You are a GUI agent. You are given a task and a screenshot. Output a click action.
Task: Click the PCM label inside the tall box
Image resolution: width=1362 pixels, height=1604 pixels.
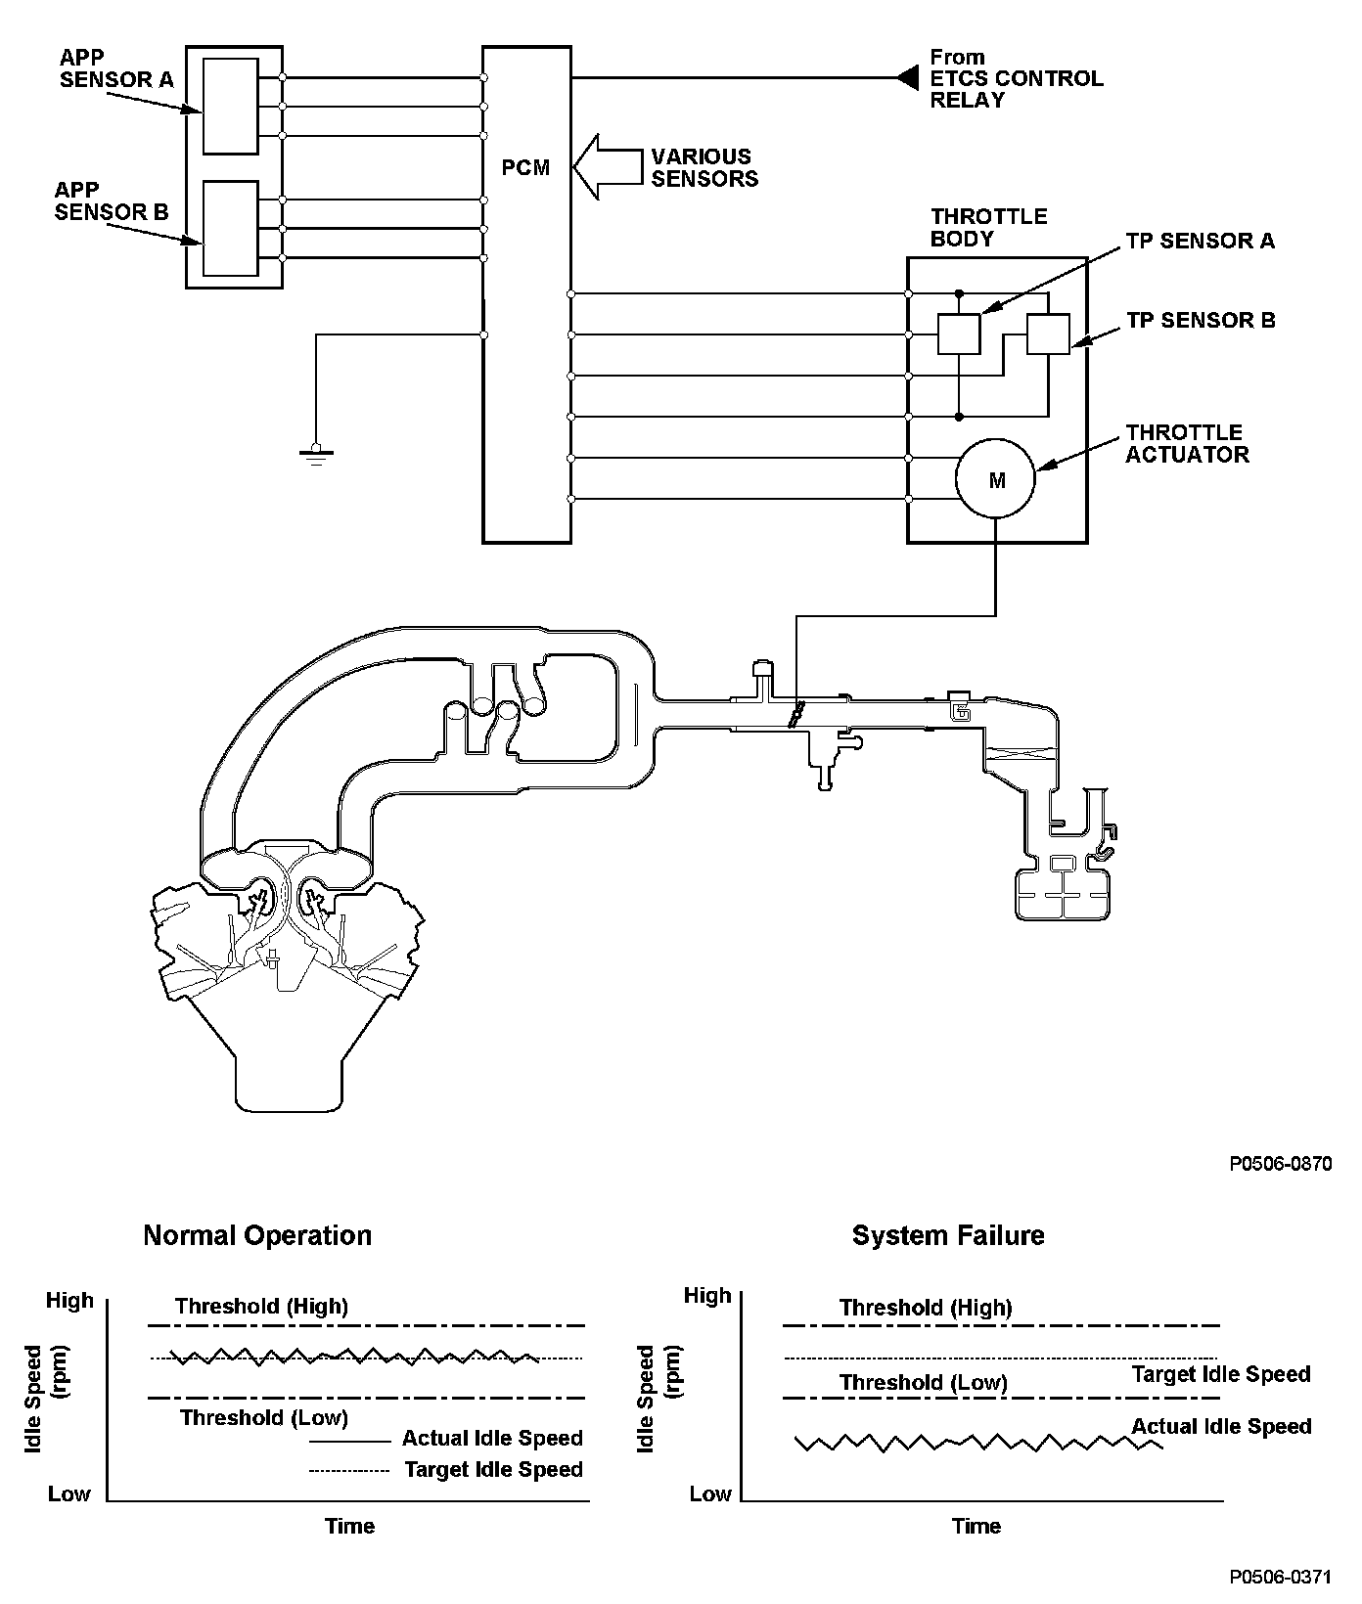coord(525,168)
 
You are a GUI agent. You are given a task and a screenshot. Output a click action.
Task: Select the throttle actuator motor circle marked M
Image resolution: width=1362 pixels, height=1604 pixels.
coord(996,479)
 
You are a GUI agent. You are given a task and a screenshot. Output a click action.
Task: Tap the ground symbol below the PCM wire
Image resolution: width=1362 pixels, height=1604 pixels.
coord(316,452)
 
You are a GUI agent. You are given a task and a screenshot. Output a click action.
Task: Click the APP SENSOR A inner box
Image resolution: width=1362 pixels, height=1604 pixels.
coord(230,106)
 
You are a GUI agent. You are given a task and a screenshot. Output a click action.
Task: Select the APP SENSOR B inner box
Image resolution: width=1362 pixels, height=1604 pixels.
coord(230,228)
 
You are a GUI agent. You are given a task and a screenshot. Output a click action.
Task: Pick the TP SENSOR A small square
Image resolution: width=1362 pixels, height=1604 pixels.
coord(959,334)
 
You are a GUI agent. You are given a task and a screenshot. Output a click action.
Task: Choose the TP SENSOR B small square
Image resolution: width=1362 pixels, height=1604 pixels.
coord(1048,334)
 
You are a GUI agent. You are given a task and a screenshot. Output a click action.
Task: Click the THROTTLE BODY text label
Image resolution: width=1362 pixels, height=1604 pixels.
coord(988,227)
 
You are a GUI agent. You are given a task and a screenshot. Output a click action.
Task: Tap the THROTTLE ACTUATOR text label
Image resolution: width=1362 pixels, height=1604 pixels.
coord(1187,443)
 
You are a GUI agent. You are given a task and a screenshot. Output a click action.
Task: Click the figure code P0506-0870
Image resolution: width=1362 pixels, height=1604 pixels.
coord(1281,1164)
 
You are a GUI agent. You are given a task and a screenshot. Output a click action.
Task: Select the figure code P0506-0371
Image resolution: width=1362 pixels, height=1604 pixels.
coord(1281,1578)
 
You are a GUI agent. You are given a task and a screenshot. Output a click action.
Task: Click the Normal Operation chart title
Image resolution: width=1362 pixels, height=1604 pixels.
coord(257,1235)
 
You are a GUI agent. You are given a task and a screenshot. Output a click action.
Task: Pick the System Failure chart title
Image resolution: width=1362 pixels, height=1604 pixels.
coord(947,1235)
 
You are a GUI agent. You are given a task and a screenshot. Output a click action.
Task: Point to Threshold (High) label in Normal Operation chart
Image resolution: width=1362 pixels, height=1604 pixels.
coord(261,1306)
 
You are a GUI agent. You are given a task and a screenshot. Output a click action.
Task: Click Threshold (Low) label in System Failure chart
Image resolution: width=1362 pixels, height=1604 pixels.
coord(923,1382)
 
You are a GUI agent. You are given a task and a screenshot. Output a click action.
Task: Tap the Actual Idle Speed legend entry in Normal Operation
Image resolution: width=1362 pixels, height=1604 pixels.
coord(492,1439)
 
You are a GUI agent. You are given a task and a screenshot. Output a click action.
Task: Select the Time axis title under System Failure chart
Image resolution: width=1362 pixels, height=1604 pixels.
coord(976,1526)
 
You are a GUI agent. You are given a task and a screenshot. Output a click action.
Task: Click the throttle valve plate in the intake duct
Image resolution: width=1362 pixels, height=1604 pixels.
coord(796,712)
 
